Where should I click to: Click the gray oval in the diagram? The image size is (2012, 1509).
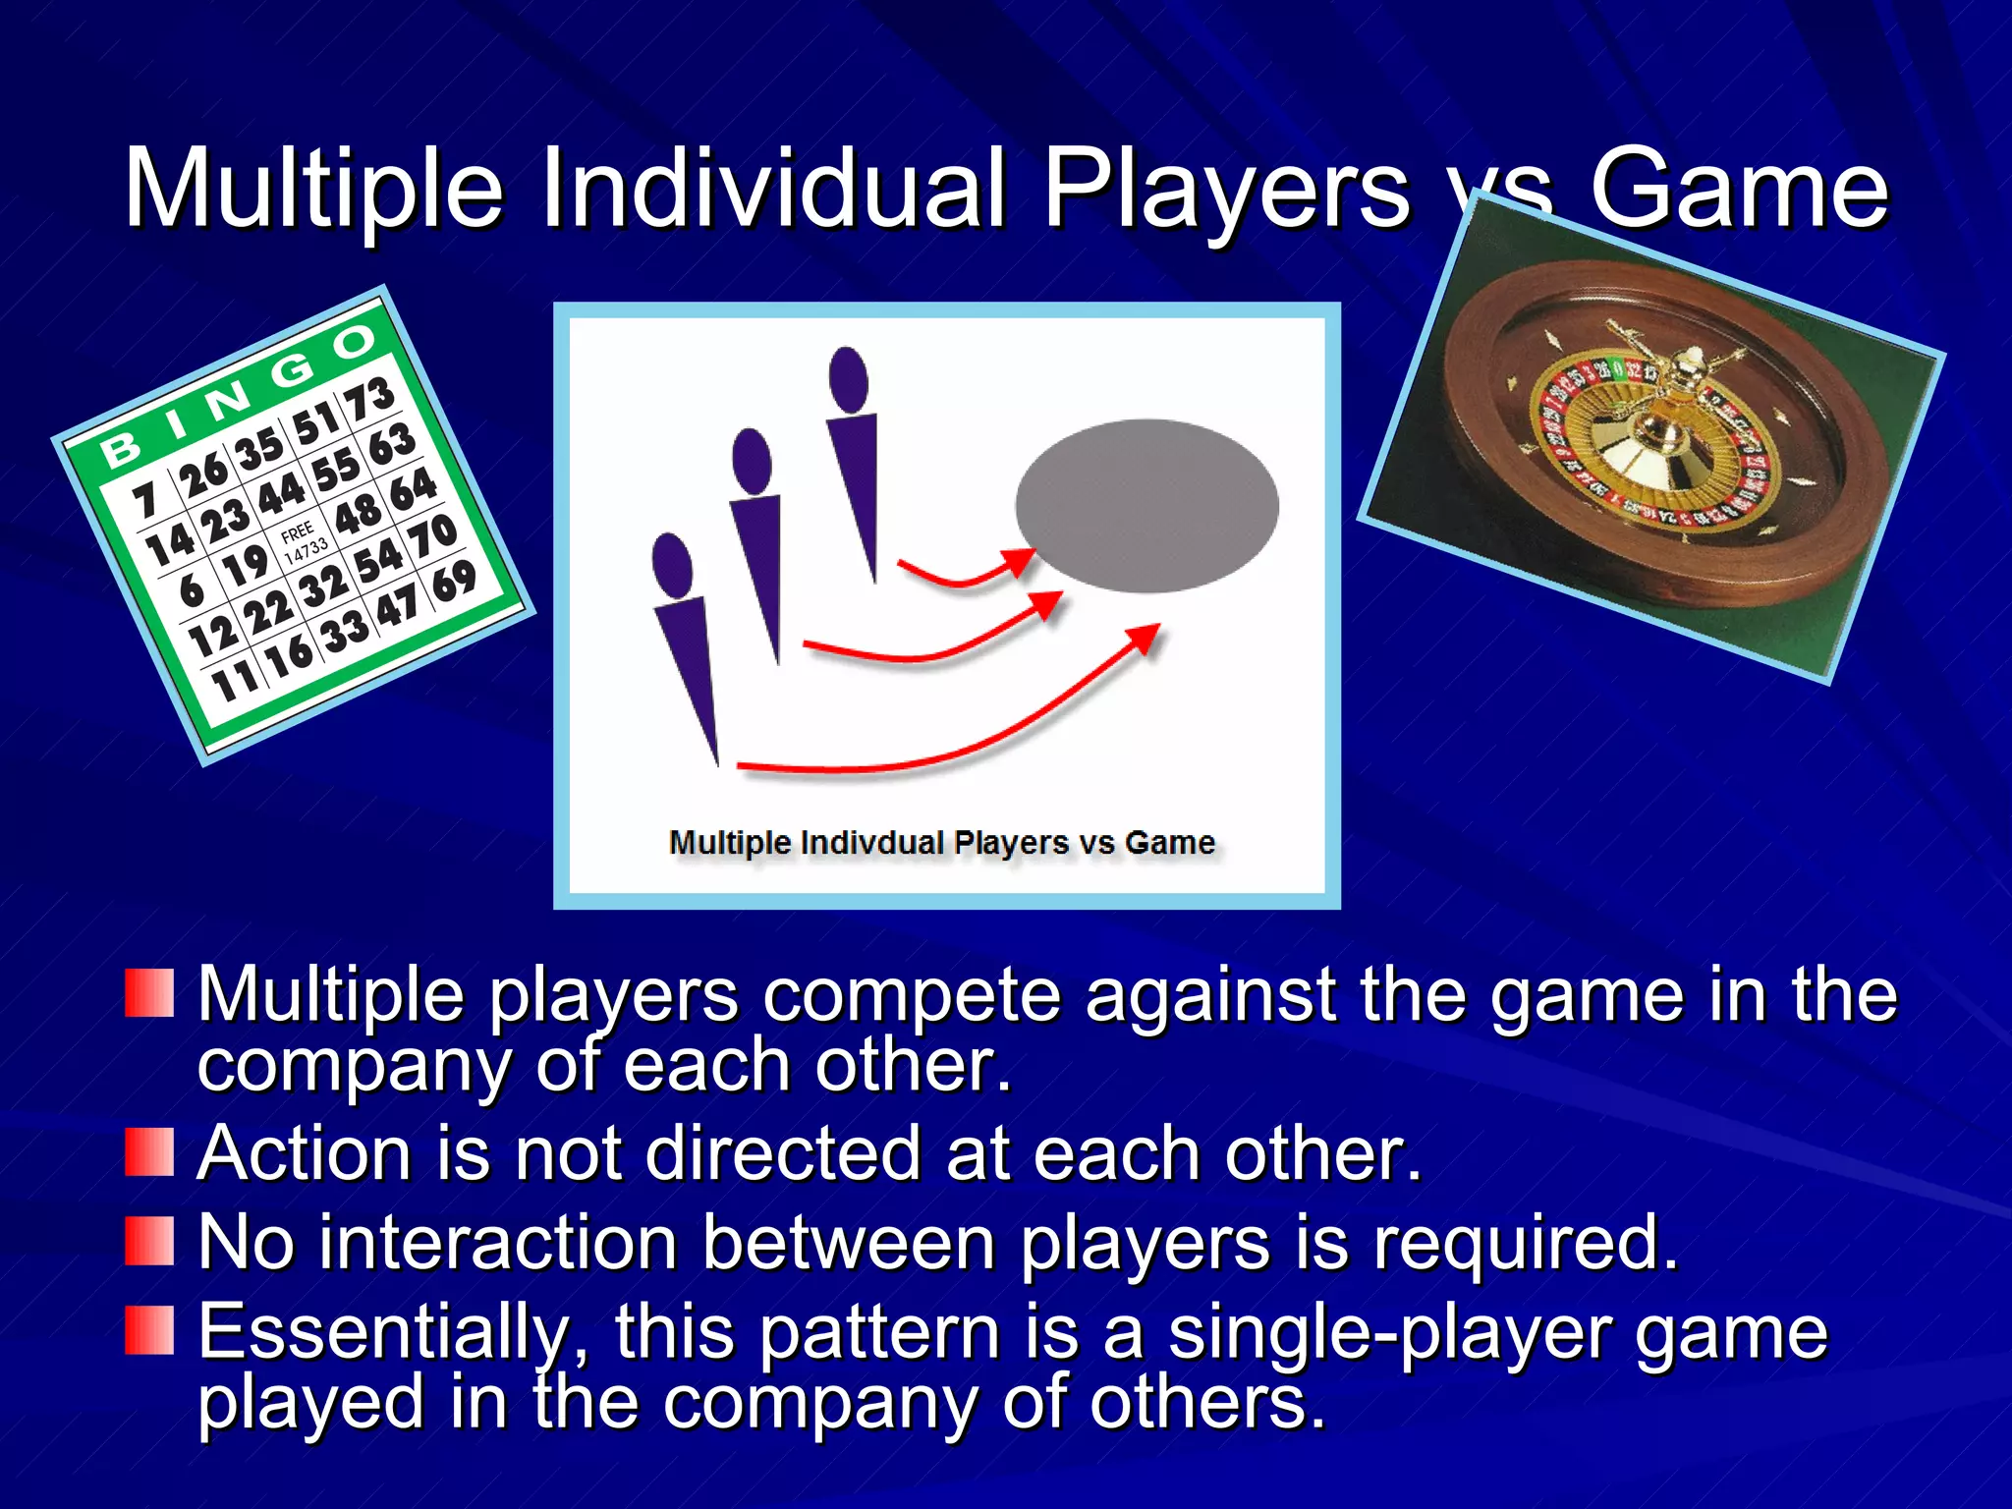1146,505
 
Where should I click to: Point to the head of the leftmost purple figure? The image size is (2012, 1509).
672,564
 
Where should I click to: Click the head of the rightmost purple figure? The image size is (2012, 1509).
848,378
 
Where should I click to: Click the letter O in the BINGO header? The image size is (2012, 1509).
353,342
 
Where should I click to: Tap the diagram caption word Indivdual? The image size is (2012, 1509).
872,843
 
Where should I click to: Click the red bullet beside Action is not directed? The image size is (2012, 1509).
149,1152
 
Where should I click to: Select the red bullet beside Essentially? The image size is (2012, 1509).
149,1331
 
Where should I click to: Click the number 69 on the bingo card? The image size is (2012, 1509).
454,583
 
